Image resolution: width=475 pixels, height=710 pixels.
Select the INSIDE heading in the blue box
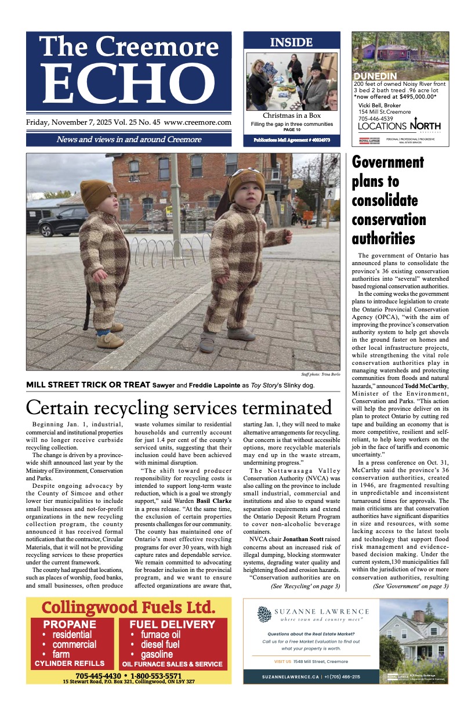[291, 42]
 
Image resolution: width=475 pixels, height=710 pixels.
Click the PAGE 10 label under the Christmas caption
[292, 129]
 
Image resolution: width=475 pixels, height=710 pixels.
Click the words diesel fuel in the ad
[155, 644]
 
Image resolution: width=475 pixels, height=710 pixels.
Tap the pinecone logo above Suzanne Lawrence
[264, 615]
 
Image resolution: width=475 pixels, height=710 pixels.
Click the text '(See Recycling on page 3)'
[305, 586]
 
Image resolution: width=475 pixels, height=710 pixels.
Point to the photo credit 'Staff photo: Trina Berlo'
[321, 375]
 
